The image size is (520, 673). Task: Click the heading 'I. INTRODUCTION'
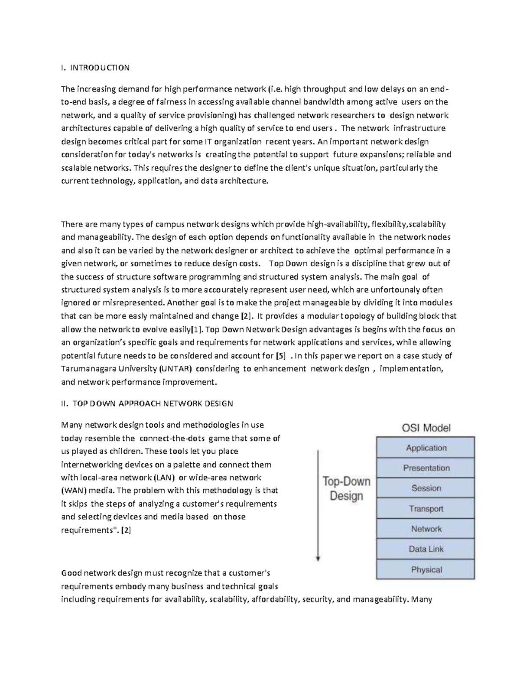(95, 68)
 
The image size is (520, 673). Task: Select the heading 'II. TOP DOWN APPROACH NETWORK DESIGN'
(147, 403)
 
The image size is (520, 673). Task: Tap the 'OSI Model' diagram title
(426, 428)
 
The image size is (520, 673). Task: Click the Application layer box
(426, 448)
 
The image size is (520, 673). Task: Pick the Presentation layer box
(426, 468)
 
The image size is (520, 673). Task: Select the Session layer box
(426, 488)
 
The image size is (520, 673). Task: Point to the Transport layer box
(426, 509)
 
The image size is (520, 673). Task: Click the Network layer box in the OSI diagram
(426, 529)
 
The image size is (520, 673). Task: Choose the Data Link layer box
(426, 549)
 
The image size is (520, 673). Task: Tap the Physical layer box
(426, 569)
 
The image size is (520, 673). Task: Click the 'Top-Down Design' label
(346, 488)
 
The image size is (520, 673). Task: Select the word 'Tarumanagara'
(87, 369)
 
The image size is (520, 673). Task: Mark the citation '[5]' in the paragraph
(281, 356)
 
